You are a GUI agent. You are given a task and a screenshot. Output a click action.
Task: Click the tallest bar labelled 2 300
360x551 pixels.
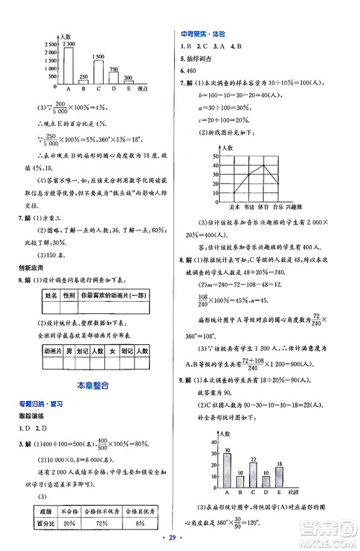[68, 67]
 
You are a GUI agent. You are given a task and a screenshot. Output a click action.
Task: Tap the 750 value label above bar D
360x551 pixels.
[114, 69]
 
